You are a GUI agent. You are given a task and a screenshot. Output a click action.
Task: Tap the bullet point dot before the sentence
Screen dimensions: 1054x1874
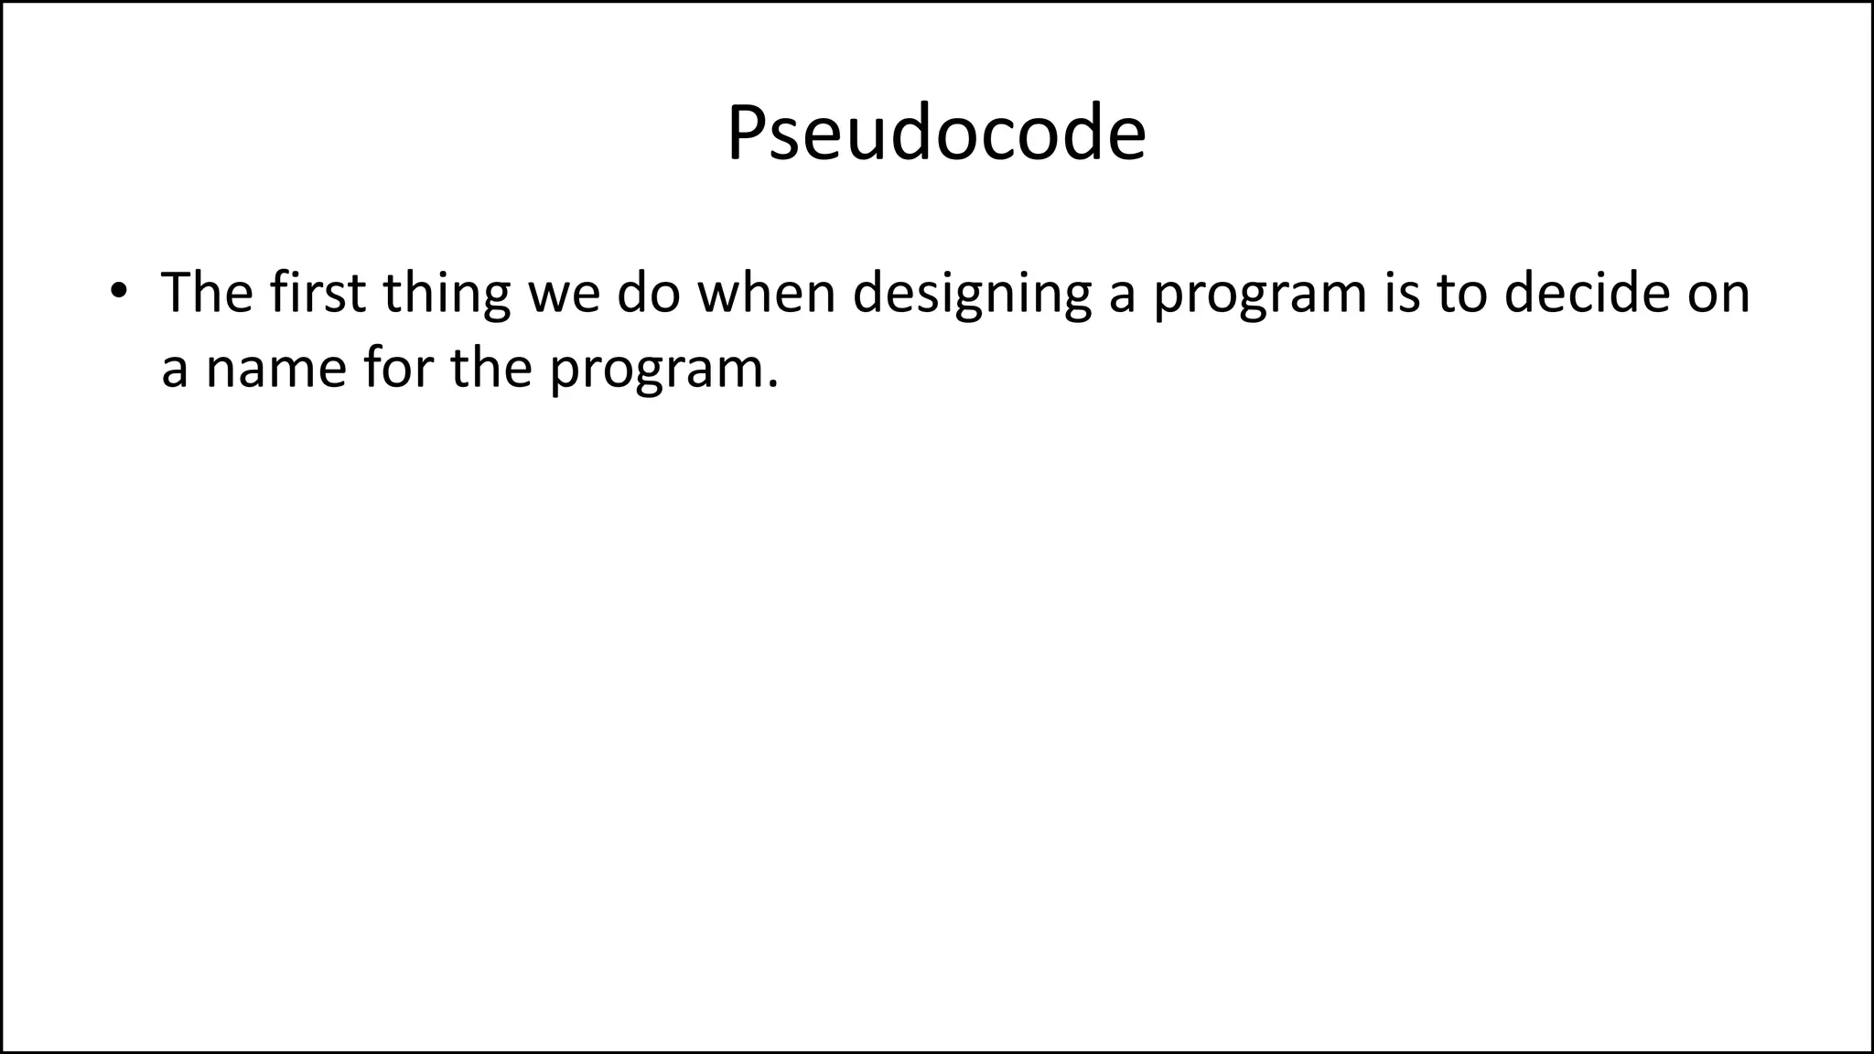[x=117, y=291]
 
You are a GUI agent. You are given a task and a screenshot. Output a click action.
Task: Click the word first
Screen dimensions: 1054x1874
[x=318, y=293]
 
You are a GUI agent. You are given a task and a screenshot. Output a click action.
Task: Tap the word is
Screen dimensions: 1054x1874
[x=1401, y=293]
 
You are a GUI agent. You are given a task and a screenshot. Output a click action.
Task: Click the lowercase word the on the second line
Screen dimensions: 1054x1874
[x=491, y=367]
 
